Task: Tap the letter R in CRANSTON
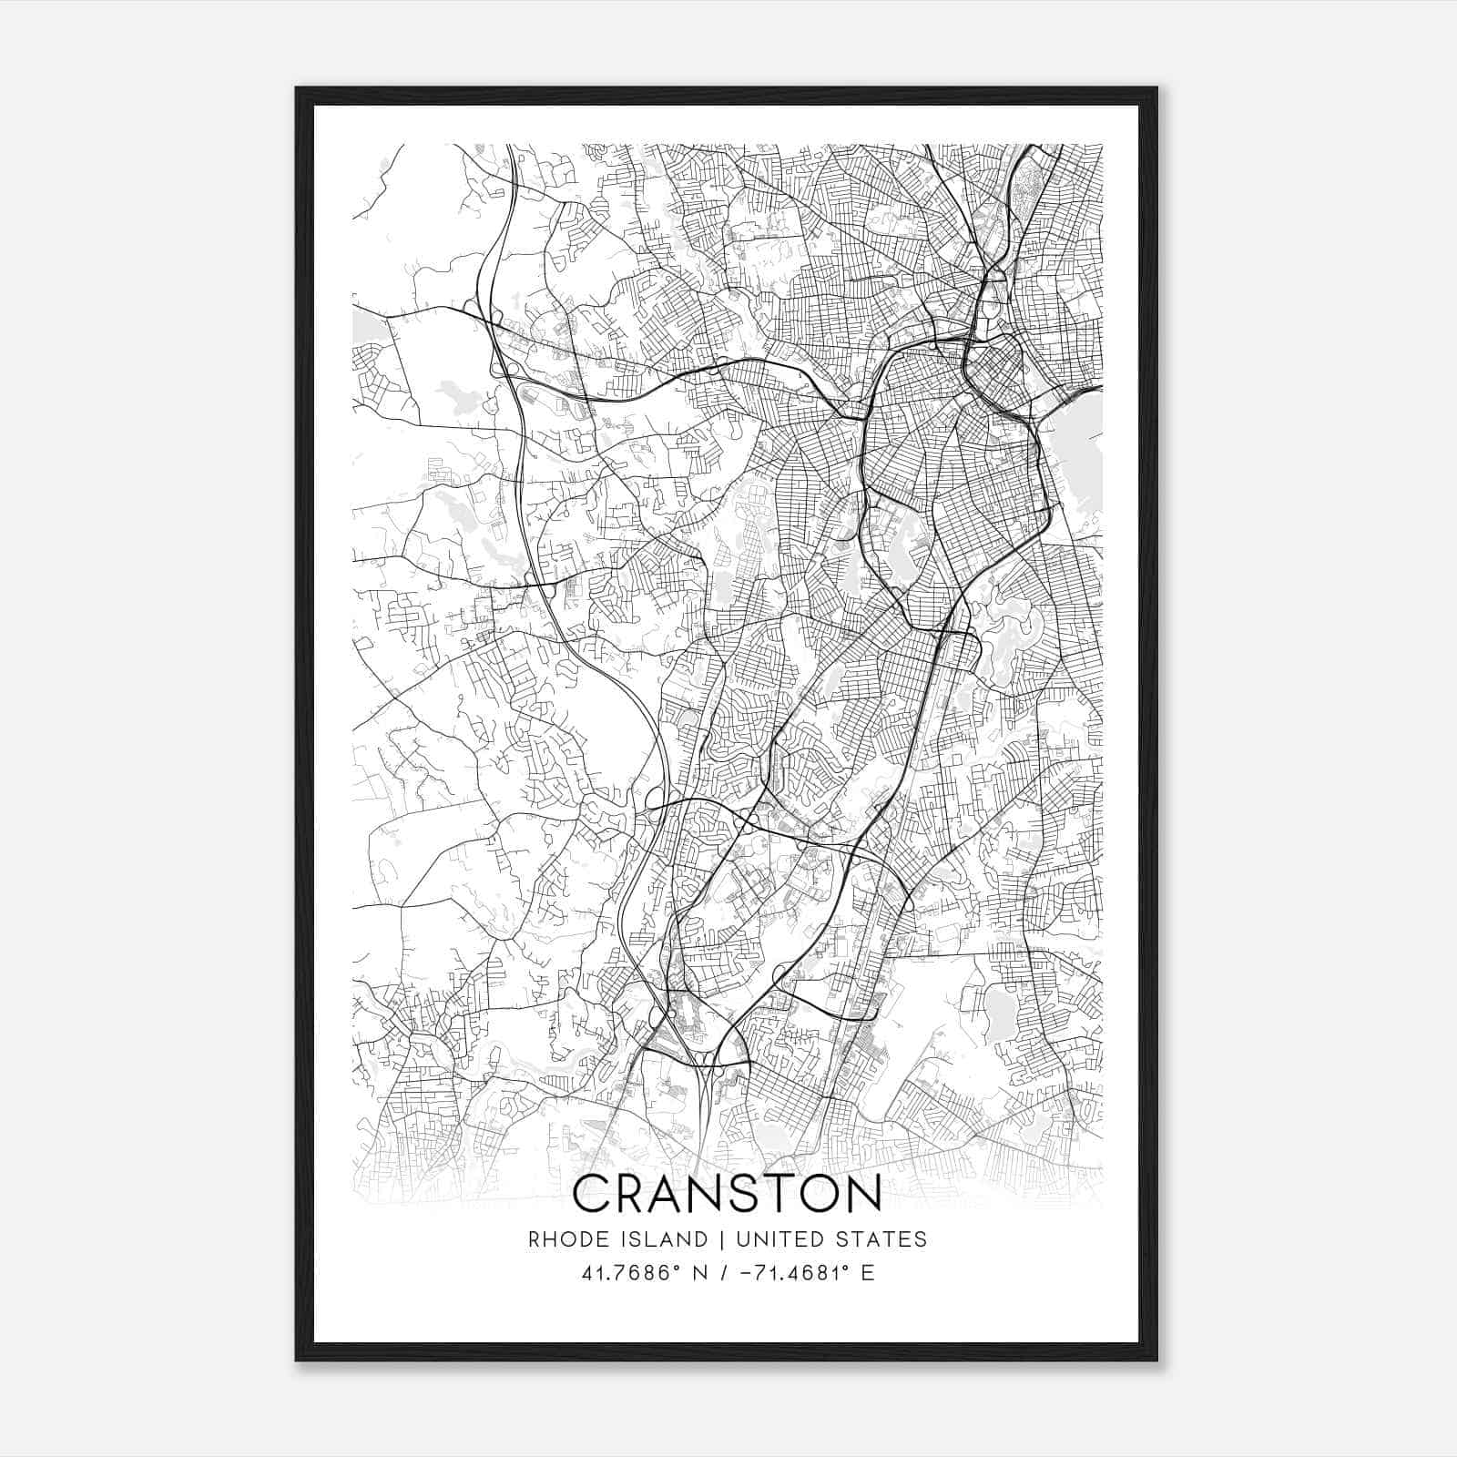(641, 1193)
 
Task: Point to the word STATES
(881, 1238)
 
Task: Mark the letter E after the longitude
(868, 1272)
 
